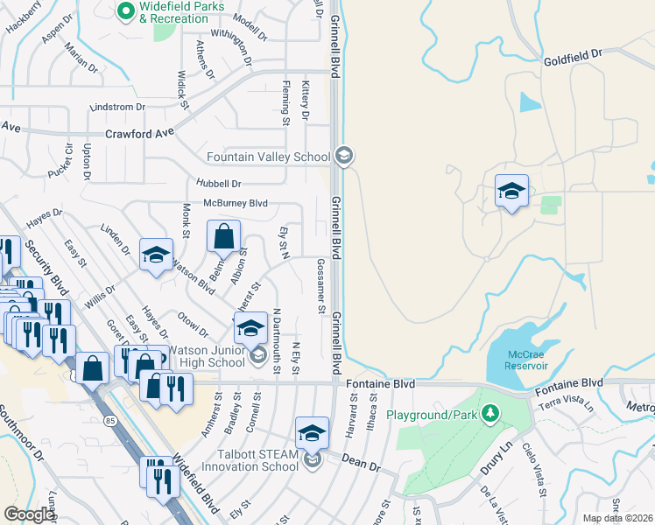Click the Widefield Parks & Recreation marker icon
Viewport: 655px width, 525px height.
tap(125, 11)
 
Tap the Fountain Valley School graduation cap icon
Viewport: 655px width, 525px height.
tap(344, 157)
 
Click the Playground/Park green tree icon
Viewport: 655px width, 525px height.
tap(491, 412)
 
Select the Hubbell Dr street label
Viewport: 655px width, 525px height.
tap(218, 184)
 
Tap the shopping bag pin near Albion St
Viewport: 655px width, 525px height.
tap(223, 237)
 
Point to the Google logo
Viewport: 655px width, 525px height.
tap(29, 514)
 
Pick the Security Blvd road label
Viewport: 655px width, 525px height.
tap(46, 267)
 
